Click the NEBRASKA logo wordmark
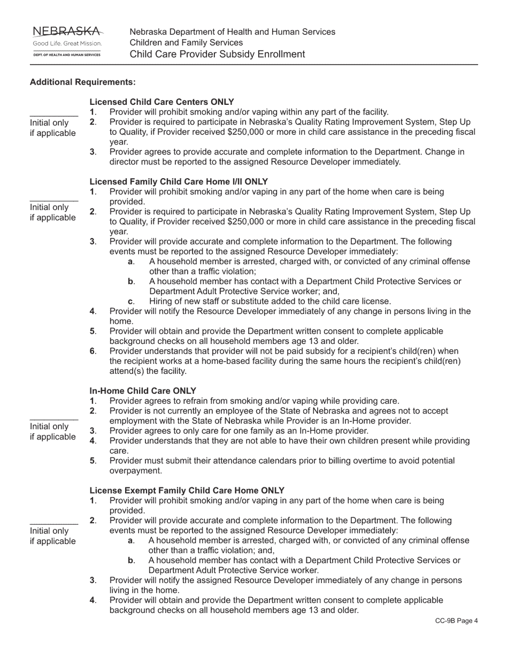click(66, 31)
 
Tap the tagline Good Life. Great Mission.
click(66, 43)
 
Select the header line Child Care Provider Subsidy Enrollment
click(217, 54)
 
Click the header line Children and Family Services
click(186, 43)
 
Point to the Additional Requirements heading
click(83, 82)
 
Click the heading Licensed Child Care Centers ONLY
click(161, 102)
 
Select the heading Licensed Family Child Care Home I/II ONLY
click(179, 182)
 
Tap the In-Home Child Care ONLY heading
click(143, 391)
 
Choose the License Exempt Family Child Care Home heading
click(187, 491)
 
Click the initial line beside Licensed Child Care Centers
click(53, 116)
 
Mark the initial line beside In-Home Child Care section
click(53, 419)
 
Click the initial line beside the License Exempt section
click(53, 524)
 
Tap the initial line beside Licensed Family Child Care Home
click(53, 200)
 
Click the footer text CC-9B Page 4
click(456, 621)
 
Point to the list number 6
click(93, 351)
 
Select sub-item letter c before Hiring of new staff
click(130, 302)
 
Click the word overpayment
click(135, 471)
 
